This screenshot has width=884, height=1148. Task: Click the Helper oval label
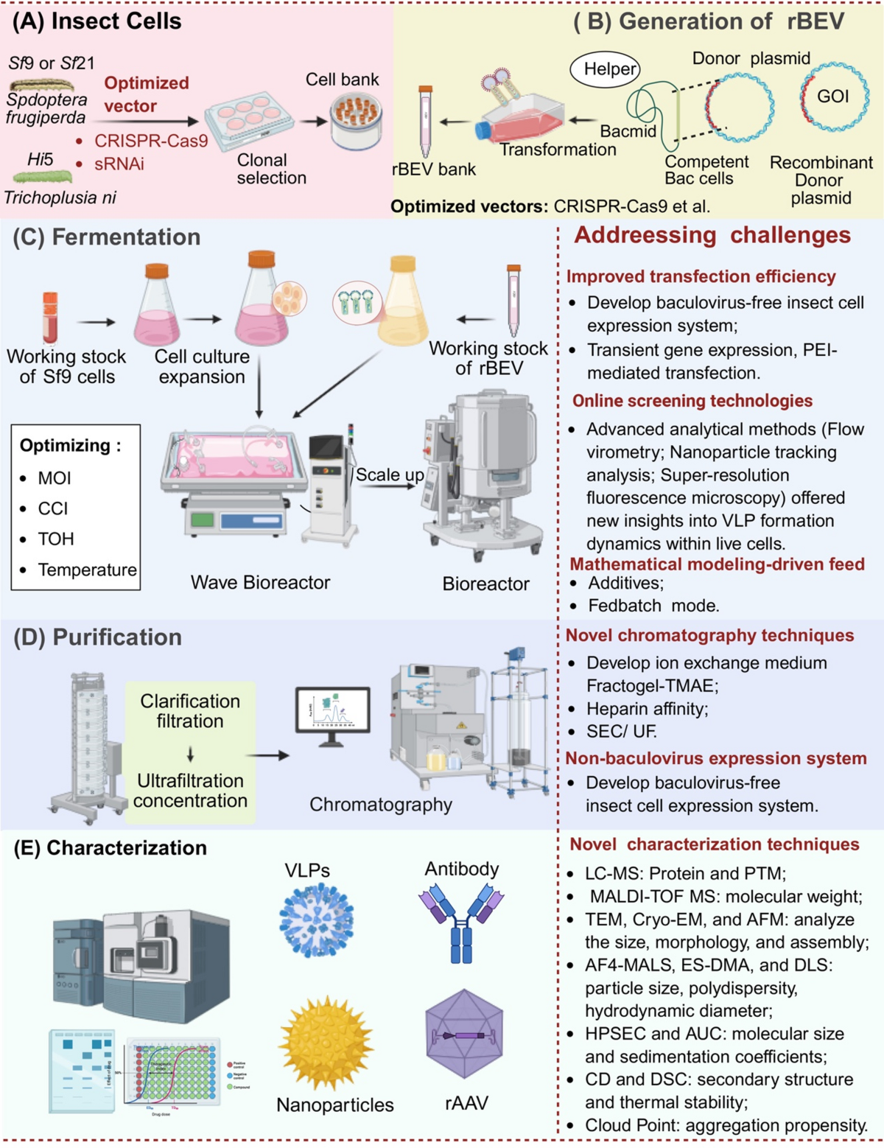point(605,69)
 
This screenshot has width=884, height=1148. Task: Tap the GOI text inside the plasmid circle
point(832,97)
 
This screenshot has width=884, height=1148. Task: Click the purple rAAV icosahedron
point(463,1035)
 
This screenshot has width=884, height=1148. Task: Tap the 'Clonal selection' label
point(270,169)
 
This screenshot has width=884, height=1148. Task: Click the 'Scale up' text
point(390,475)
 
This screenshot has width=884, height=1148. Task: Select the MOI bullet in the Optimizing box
point(54,478)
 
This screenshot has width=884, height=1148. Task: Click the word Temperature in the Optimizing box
point(87,570)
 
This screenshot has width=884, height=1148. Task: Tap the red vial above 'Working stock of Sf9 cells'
point(50,318)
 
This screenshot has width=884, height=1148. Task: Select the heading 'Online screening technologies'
point(692,401)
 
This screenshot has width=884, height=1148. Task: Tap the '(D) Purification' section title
point(97,637)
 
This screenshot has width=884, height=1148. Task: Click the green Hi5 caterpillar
point(43,177)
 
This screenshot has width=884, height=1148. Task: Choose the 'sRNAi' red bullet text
point(119,164)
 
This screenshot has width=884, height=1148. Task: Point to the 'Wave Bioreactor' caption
point(260,583)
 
